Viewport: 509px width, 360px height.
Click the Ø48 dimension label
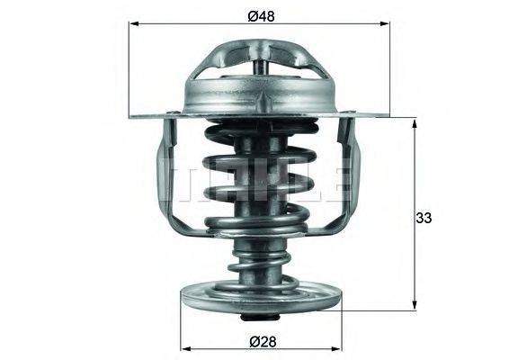click(260, 15)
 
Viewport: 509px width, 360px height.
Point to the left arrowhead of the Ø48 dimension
click(136, 27)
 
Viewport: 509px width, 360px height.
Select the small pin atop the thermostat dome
click(260, 67)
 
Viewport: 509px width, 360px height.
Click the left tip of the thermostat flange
click(133, 115)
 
